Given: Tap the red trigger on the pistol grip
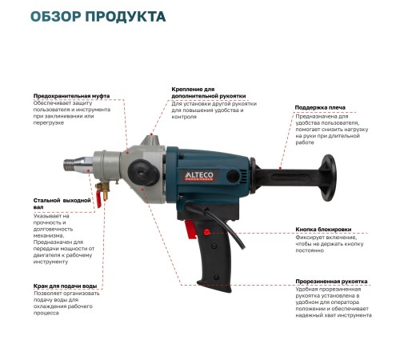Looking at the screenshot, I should point(191,230).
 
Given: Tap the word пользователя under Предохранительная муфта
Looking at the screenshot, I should point(52,110).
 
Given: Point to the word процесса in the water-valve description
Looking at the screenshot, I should point(47,313).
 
